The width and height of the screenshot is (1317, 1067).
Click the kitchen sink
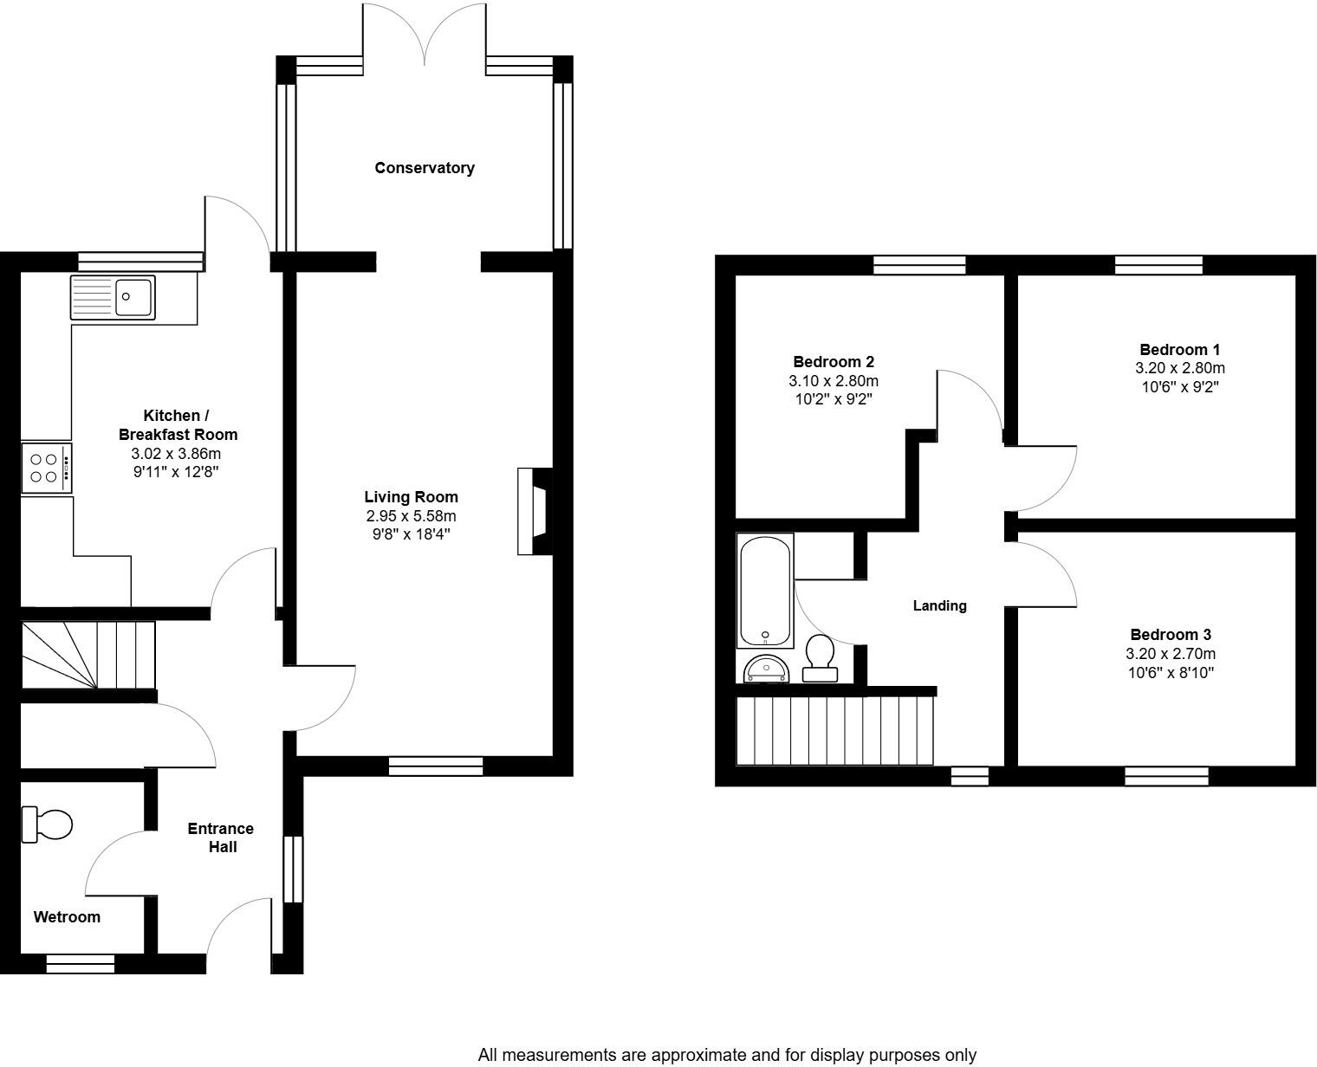click(x=114, y=297)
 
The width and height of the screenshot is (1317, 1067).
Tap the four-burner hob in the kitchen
click(x=46, y=468)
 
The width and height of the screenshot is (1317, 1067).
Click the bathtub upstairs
click(x=765, y=590)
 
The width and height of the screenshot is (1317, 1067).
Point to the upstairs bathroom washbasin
click(x=766, y=669)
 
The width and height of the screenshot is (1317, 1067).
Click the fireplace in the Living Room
click(x=535, y=511)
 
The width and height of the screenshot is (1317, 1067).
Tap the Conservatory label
click(x=424, y=168)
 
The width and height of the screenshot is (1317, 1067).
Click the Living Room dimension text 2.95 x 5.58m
click(x=412, y=516)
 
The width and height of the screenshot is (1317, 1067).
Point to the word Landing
click(x=939, y=606)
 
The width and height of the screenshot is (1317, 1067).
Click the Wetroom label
click(x=67, y=917)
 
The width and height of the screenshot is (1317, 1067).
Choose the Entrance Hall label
click(x=221, y=837)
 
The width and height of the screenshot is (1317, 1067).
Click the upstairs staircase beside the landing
click(x=835, y=730)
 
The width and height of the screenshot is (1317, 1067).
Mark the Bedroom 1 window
click(x=1158, y=265)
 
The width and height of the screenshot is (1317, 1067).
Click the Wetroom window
click(x=80, y=963)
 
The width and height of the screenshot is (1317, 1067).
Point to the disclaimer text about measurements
click(x=727, y=1055)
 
